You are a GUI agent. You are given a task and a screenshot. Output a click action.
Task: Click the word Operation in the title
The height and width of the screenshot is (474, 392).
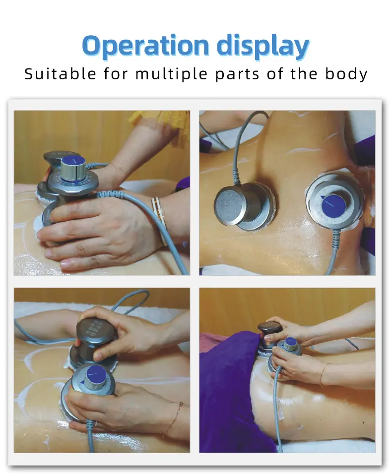145,46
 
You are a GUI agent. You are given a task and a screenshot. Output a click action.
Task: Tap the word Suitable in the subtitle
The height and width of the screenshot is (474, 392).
60,74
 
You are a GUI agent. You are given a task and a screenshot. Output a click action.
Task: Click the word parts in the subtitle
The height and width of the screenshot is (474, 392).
237,75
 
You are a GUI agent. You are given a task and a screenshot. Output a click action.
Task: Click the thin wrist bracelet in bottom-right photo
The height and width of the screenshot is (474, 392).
323,374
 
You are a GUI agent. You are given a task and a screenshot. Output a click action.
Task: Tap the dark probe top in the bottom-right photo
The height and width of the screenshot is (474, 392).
270,328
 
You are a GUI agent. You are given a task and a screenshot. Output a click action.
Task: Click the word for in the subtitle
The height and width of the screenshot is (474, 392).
116,74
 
